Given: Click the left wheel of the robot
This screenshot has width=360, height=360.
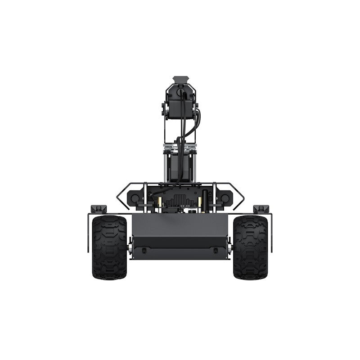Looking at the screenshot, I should tap(109, 247).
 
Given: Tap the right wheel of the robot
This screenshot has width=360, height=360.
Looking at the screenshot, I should tap(250, 247).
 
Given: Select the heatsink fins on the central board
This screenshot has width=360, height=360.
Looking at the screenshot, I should tap(180, 199).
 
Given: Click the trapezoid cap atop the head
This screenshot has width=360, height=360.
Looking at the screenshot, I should tap(180, 78).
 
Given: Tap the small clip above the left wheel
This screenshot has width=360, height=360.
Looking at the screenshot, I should tap(99, 209).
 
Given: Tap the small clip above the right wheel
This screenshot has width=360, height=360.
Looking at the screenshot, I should tap(261, 209).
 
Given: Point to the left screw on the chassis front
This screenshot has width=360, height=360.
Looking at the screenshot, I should tap(144, 250).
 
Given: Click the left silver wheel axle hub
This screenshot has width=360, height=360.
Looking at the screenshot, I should tap(130, 247).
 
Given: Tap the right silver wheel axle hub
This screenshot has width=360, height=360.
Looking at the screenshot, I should tap(229, 247).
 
